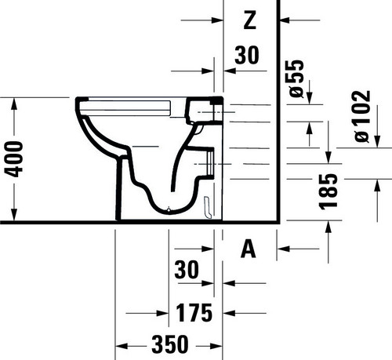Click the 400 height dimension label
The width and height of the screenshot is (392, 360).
[x=13, y=159]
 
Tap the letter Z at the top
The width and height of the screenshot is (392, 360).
[x=250, y=20]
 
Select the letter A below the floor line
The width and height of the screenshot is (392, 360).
[x=248, y=249]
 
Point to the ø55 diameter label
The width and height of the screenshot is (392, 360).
[x=297, y=78]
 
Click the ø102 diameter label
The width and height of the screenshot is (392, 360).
[x=362, y=116]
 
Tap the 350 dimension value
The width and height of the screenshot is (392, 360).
[x=169, y=344]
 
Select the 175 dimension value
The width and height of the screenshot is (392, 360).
[x=194, y=313]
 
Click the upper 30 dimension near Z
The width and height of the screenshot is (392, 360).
[x=247, y=55]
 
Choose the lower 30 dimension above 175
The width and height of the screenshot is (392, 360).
[x=187, y=270]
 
